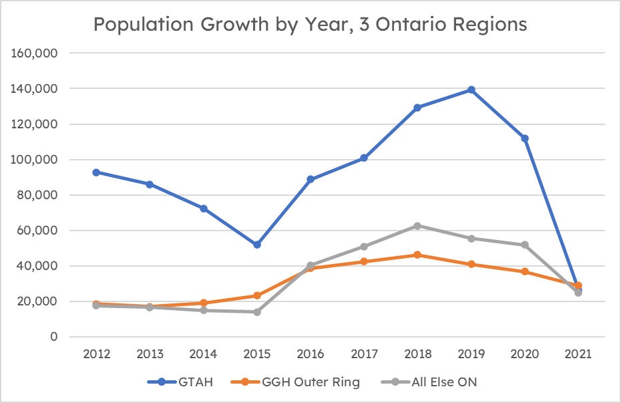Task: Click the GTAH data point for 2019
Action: [x=471, y=90]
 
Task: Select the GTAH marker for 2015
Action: [x=256, y=245]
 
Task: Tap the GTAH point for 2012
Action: [x=96, y=172]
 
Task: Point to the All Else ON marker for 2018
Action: [x=417, y=226]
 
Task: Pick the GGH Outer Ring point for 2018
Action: [x=417, y=255]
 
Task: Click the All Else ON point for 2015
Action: [x=256, y=312]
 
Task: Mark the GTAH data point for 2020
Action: [x=525, y=138]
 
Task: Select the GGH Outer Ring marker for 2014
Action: [x=203, y=303]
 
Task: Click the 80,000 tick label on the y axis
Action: [x=39, y=195]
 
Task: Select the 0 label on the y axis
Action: [x=53, y=337]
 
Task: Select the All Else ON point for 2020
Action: [x=525, y=245]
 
